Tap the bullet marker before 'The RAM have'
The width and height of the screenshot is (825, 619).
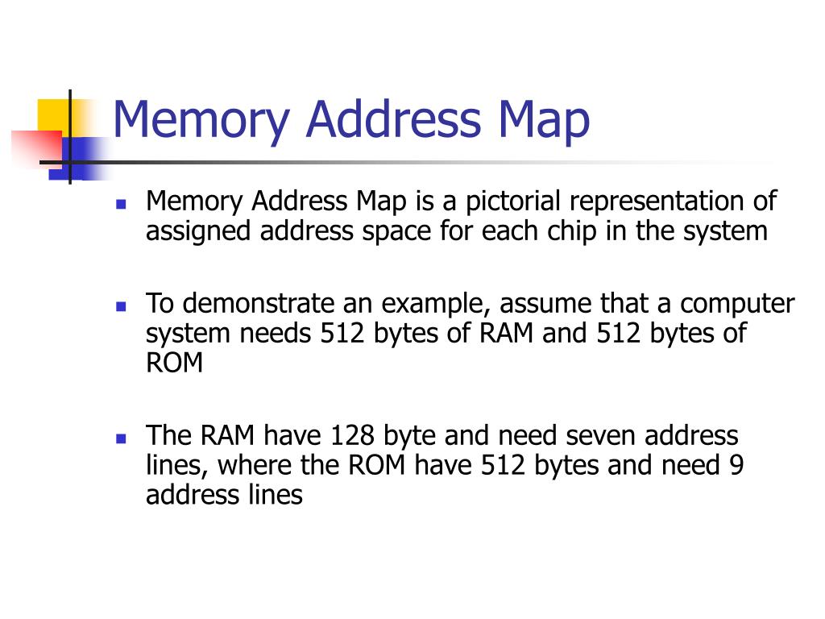[122, 438]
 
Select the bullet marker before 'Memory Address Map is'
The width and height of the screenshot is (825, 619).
[122, 204]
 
